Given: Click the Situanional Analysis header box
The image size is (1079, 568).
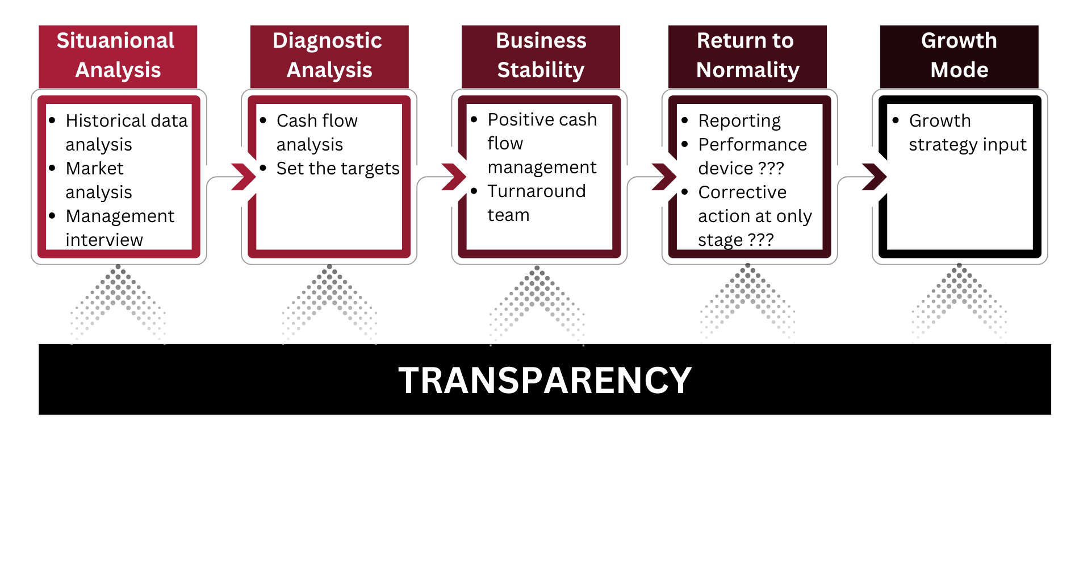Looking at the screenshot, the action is click(118, 56).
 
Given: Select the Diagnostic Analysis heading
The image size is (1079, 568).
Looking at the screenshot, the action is click(329, 56).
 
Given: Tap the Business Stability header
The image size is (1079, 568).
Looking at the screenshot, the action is click(541, 56).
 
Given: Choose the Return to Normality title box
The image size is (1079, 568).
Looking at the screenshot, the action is click(747, 56).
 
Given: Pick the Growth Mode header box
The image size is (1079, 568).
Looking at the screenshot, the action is click(959, 56).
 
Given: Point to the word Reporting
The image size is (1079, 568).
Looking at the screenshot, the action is click(739, 121).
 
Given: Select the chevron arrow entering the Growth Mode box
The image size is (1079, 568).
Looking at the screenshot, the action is click(875, 177).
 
